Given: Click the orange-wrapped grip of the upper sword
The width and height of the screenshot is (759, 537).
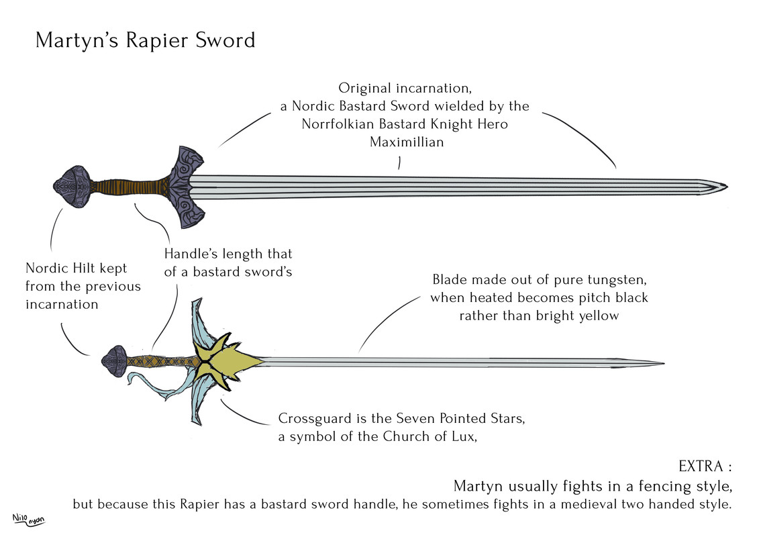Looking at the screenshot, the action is point(128,185).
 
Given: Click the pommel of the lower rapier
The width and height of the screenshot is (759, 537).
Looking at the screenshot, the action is point(113,360).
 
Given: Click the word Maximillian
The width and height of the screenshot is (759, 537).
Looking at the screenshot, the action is point(407,142).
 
